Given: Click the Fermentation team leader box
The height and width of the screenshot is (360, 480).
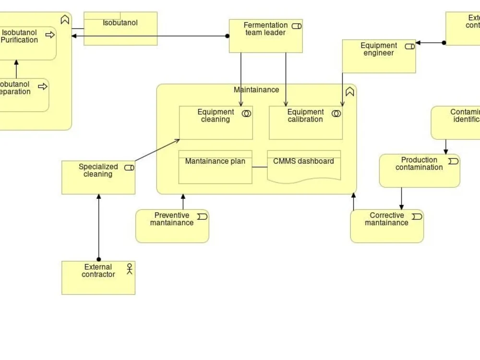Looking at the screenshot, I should tap(265, 41).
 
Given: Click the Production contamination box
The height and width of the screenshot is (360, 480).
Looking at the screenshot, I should tap(419, 176).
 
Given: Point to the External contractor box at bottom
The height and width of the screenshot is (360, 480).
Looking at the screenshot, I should tap(98, 283).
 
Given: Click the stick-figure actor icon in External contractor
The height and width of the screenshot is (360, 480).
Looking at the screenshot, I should tap(129, 269).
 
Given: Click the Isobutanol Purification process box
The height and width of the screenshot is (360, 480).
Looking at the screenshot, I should tap(24, 48).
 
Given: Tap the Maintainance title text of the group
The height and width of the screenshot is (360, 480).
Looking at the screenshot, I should tap(256, 90).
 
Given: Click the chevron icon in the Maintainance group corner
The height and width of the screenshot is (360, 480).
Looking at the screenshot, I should tap(349, 91).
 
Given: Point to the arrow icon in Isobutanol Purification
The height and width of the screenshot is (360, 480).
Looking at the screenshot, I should tap(50, 35).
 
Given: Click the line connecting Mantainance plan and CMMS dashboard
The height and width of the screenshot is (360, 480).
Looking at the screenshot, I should tap(260, 167).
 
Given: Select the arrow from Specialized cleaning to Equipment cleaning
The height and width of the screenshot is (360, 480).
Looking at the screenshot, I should tap(157, 150).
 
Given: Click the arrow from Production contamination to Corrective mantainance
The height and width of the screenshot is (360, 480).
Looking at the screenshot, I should tap(401, 198).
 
